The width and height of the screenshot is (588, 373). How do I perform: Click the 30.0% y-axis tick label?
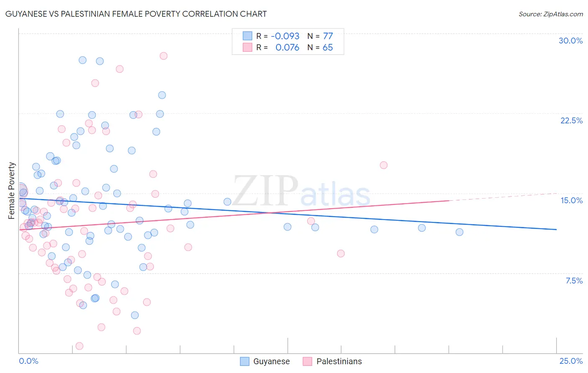coord(570,41)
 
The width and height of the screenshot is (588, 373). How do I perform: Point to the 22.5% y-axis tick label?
coord(571,120)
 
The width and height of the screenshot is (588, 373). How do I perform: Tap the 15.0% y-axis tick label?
coord(571,200)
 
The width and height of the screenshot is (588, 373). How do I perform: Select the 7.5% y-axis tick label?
coord(574,281)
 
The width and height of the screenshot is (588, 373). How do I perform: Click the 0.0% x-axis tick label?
coord(28,361)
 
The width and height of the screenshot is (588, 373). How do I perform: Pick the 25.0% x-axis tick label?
coord(571,361)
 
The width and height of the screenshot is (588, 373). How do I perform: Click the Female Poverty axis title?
coord(12,191)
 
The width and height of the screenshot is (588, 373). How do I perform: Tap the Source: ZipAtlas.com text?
coord(550,14)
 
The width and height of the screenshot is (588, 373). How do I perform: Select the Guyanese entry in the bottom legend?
coord(271,361)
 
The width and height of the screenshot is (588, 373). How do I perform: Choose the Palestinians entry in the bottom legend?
coord(339,361)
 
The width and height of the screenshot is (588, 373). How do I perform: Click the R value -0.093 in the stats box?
coord(285,36)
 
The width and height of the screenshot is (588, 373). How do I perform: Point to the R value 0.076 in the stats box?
coord(287,48)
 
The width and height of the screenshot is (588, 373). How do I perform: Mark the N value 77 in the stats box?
coord(328,36)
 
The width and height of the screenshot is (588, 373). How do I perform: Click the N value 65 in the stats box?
coord(328,48)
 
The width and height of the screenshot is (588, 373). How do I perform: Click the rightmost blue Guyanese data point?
coord(459,232)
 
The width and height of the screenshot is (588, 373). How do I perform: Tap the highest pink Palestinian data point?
coord(164,56)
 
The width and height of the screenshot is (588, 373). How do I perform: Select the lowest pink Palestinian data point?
coord(79,346)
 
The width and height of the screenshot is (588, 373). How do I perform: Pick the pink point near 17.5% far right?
coord(383,165)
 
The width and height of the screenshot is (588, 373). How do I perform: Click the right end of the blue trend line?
coord(556,229)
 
